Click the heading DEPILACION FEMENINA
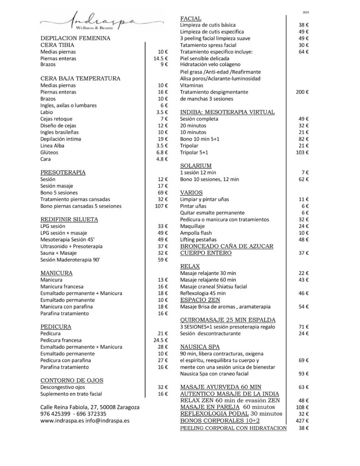click(76, 39)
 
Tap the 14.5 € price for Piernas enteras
click(160, 59)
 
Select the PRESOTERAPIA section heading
click(63, 172)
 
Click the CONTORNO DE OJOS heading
click(72, 380)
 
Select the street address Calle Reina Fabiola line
click(90, 407)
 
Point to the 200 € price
click(302, 92)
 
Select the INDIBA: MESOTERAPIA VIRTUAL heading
click(227, 112)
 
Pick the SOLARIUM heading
click(196, 166)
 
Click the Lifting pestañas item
click(198, 239)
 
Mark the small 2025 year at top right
click(305, 12)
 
